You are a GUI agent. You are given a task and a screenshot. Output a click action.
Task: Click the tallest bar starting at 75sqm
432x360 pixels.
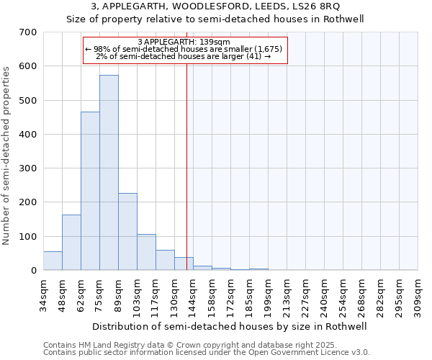(109, 173)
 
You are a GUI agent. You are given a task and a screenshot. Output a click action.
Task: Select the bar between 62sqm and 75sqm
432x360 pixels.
(90, 191)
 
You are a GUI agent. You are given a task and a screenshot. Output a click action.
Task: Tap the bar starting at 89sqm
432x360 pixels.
(127, 232)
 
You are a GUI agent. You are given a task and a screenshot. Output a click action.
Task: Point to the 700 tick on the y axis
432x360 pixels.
(28, 32)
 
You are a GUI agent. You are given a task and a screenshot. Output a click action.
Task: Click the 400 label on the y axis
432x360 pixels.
(28, 135)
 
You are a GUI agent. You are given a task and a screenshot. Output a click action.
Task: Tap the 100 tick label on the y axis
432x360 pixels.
(28, 237)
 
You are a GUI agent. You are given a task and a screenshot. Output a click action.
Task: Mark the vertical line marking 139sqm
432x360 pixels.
(186, 166)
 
